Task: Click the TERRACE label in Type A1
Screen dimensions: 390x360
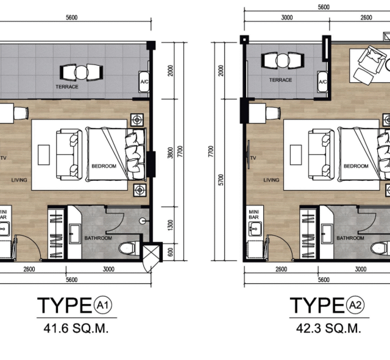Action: pyautogui.click(x=67, y=86)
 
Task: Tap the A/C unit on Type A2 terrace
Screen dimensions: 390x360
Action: pyautogui.click(x=322, y=82)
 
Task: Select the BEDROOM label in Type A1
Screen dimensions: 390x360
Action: pyautogui.click(x=104, y=166)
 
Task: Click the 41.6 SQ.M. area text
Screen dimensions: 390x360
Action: pyautogui.click(x=76, y=328)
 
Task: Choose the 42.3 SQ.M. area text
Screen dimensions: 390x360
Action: pyautogui.click(x=328, y=328)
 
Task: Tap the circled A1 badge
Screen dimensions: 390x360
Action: pyautogui.click(x=103, y=305)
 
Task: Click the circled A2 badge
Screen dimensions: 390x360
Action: pyautogui.click(x=355, y=305)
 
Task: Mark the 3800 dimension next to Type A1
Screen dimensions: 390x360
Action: pyautogui.click(x=170, y=153)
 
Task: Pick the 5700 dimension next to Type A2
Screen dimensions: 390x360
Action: pyautogui.click(x=221, y=180)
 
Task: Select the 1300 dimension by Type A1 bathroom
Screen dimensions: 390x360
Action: pyautogui.click(x=170, y=225)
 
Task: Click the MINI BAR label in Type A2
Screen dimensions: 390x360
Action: pyautogui.click(x=253, y=214)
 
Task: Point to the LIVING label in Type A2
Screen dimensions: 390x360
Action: pyautogui.click(x=271, y=180)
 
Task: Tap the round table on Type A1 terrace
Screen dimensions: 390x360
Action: pyautogui.click(x=81, y=72)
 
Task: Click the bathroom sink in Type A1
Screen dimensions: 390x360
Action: pyautogui.click(x=74, y=234)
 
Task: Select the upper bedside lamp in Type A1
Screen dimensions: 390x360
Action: pyautogui.click(x=137, y=120)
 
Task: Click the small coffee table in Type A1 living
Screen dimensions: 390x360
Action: pyautogui.click(x=44, y=155)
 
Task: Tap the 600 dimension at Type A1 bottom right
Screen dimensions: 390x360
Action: pyautogui.click(x=170, y=252)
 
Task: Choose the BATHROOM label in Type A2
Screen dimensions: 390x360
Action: pyautogui.click(x=350, y=238)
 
